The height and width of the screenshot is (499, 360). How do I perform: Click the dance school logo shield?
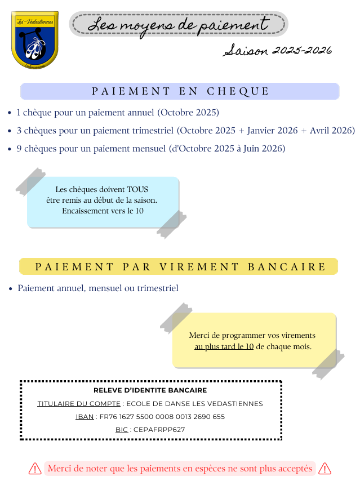35,40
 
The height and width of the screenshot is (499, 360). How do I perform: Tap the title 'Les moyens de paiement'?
179,24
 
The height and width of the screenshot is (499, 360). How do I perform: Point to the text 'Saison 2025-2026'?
278,51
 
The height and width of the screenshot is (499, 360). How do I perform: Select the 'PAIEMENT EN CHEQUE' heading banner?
180,91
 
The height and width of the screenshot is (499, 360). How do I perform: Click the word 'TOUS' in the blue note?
137,189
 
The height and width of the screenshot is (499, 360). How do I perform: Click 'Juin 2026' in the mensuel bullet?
266,149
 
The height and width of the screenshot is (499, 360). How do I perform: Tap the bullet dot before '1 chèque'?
10,113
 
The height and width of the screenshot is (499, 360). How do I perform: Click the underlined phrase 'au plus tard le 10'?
224,347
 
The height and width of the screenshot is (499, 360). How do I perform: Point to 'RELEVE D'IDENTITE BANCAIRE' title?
150,390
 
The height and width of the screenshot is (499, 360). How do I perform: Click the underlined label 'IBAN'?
85,417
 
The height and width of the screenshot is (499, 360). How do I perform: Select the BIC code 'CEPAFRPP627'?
159,430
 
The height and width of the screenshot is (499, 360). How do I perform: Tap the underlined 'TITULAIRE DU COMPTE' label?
79,404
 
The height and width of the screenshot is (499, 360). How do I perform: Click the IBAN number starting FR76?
162,417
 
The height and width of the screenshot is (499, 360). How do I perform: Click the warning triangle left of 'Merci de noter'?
35,469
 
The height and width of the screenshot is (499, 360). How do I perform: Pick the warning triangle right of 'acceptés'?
325,469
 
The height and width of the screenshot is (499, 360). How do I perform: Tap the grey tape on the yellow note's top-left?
175,318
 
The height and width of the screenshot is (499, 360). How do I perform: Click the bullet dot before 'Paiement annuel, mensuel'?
11,289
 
